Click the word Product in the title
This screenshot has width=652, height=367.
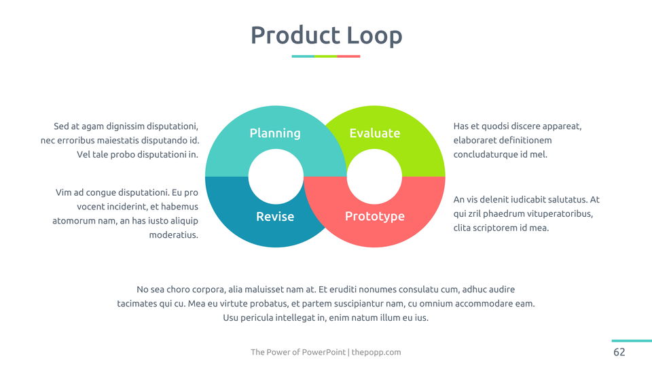click(295, 35)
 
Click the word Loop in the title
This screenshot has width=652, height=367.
click(375, 36)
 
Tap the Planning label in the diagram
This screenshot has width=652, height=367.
click(275, 133)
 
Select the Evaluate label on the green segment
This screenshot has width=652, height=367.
click(375, 133)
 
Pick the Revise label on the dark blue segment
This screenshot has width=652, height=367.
click(275, 216)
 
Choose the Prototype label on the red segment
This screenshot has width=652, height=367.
click(375, 216)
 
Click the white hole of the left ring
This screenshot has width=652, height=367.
click(276, 177)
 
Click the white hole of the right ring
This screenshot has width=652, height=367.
click(374, 177)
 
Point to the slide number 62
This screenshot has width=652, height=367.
click(619, 352)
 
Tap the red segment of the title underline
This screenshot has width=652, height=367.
click(348, 56)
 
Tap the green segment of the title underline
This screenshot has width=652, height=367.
click(325, 56)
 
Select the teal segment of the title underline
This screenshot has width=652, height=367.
click(303, 56)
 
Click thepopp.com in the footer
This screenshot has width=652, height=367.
click(376, 352)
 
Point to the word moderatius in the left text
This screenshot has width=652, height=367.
click(173, 234)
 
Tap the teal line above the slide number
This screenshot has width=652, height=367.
click(632, 340)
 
